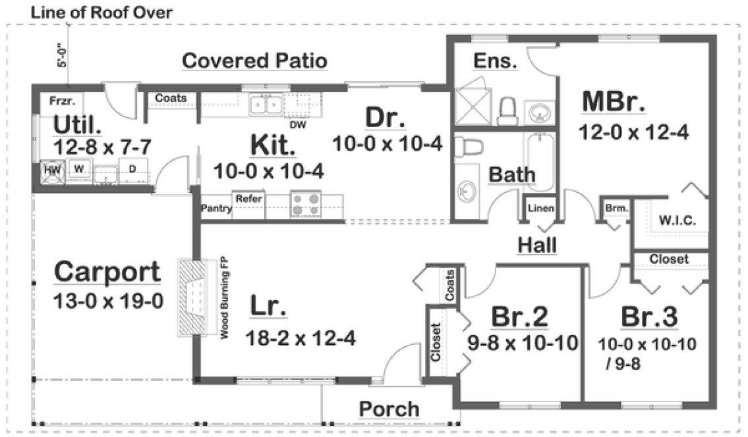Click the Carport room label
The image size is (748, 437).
tap(107, 270)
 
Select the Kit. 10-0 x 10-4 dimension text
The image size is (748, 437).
tap(268, 170)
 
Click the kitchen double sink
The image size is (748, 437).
tap(266, 105)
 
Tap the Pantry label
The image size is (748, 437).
tap(217, 209)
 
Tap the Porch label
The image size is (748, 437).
tap(389, 409)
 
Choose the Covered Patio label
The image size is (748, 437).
tap(254, 61)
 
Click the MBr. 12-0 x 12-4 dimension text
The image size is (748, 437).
tap(633, 132)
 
